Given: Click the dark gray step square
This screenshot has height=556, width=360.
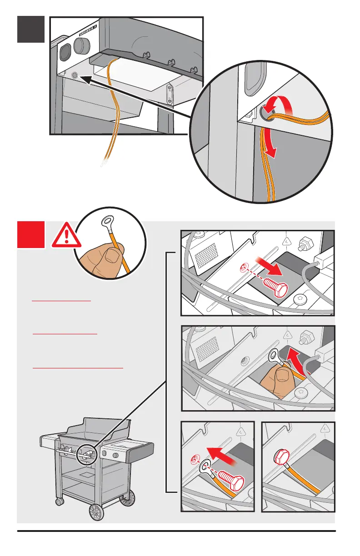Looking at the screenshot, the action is [x=31, y=29].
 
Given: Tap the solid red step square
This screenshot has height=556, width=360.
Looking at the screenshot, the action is [x=31, y=234].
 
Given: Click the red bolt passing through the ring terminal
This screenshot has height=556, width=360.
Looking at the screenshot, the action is [x=230, y=478].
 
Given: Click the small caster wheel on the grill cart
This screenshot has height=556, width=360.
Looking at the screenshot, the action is [x=59, y=501].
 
